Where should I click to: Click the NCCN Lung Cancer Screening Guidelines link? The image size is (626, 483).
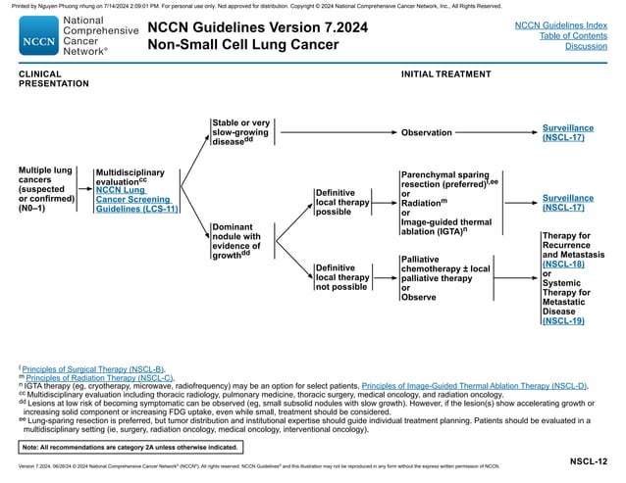coord(135,199)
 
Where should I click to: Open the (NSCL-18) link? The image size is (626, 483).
coord(563,265)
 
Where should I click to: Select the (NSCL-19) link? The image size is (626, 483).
coord(563,320)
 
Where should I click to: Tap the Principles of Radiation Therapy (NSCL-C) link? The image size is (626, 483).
coord(98,377)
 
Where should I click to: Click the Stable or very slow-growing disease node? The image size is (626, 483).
coord(241,132)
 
